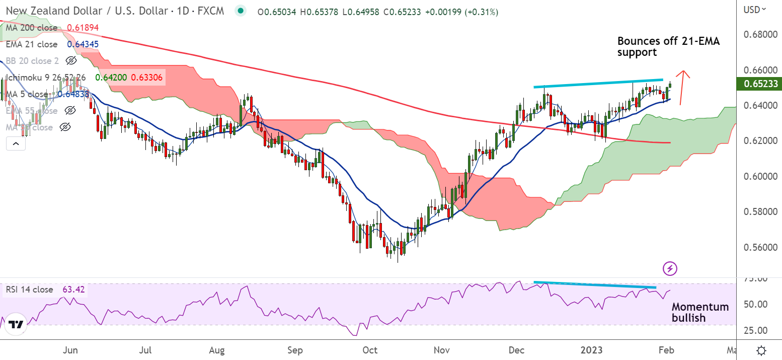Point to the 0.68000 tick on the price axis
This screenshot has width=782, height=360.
pos(757,35)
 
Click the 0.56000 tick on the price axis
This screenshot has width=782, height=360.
pos(757,247)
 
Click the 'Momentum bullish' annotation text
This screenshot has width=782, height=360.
pos(700,312)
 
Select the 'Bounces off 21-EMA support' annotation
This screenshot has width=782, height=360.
pos(668,46)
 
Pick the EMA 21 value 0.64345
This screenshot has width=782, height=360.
pos(83,44)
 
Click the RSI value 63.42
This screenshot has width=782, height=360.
pos(73,290)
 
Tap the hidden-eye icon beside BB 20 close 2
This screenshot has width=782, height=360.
pos(71,61)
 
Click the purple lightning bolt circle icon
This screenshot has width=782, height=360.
pos(670,268)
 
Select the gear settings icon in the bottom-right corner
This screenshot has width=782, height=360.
pos(761,350)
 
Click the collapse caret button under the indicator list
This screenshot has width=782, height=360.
pos(16,144)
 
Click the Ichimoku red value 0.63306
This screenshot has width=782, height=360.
pos(148,78)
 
